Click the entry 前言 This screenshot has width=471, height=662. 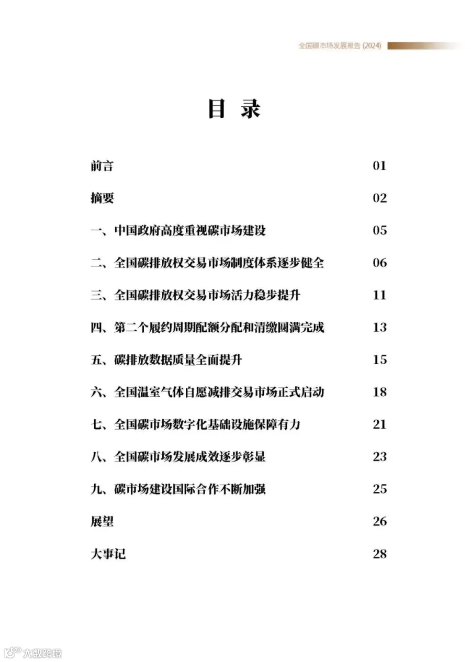pyautogui.click(x=102, y=166)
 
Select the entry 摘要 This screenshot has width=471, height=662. pyautogui.click(x=102, y=198)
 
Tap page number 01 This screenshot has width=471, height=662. pyautogui.click(x=379, y=166)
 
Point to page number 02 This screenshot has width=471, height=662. pyautogui.click(x=379, y=198)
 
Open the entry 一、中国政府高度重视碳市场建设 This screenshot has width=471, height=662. pyautogui.click(x=178, y=230)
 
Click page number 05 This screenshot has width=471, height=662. pyautogui.click(x=379, y=230)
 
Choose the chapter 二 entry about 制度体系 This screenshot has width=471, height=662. pyautogui.click(x=207, y=263)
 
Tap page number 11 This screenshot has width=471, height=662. pyautogui.click(x=379, y=295)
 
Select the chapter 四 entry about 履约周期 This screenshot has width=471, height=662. pyautogui.click(x=207, y=328)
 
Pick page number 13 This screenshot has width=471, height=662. pyautogui.click(x=379, y=328)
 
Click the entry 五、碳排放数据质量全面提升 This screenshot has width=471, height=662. pyautogui.click(x=166, y=360)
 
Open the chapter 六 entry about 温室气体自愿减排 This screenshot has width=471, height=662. pyautogui.click(x=207, y=392)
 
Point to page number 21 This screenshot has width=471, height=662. pyautogui.click(x=379, y=424)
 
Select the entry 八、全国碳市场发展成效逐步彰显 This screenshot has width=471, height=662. pyautogui.click(x=178, y=457)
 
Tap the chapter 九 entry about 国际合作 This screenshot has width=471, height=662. pyautogui.click(x=178, y=489)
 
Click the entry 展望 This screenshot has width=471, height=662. pyautogui.click(x=102, y=522)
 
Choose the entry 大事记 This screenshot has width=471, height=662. pyautogui.click(x=108, y=554)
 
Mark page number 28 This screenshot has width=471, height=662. pyautogui.click(x=379, y=554)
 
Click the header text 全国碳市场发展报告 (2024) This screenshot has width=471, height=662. pyautogui.click(x=340, y=46)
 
